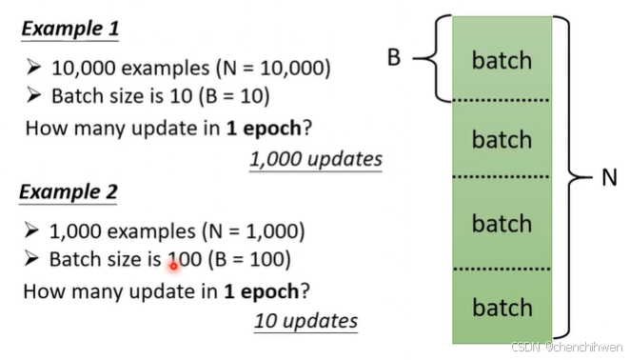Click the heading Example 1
pyautogui.click(x=69, y=29)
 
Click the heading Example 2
pyautogui.click(x=69, y=191)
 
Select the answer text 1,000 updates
pyautogui.click(x=316, y=159)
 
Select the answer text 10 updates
pyautogui.click(x=305, y=320)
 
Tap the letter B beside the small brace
pyautogui.click(x=393, y=57)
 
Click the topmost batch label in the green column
pyautogui.click(x=502, y=60)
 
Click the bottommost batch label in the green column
pyautogui.click(x=502, y=308)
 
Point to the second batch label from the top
pyautogui.click(x=502, y=140)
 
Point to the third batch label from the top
pyautogui.click(x=502, y=224)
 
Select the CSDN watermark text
pyautogui.click(x=566, y=349)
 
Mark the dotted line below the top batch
pyautogui.click(x=502, y=99)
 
